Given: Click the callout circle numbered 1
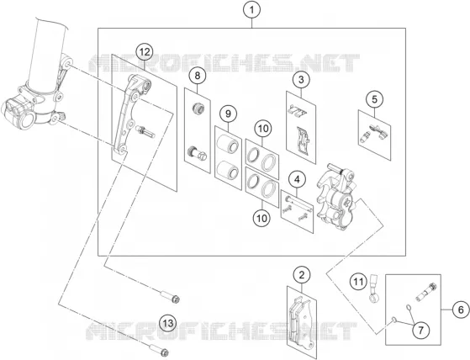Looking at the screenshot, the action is [x=251, y=10].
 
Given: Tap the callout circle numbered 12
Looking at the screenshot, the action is [x=144, y=52].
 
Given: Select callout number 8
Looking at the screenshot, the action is [x=198, y=76].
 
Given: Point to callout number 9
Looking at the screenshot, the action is [x=228, y=114].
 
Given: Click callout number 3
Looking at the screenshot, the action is [x=301, y=80].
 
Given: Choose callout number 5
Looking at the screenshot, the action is [x=374, y=99].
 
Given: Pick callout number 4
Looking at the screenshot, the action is [x=297, y=179].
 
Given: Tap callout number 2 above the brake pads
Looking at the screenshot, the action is [x=302, y=275].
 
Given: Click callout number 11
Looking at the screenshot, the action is [x=358, y=282].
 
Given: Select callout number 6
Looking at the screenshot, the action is [x=461, y=310].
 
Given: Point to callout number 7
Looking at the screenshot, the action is [x=421, y=331].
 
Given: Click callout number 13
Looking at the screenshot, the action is [x=168, y=323].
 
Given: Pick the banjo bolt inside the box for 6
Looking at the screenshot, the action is [x=425, y=291].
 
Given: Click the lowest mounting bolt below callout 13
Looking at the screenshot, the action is [x=159, y=350].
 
